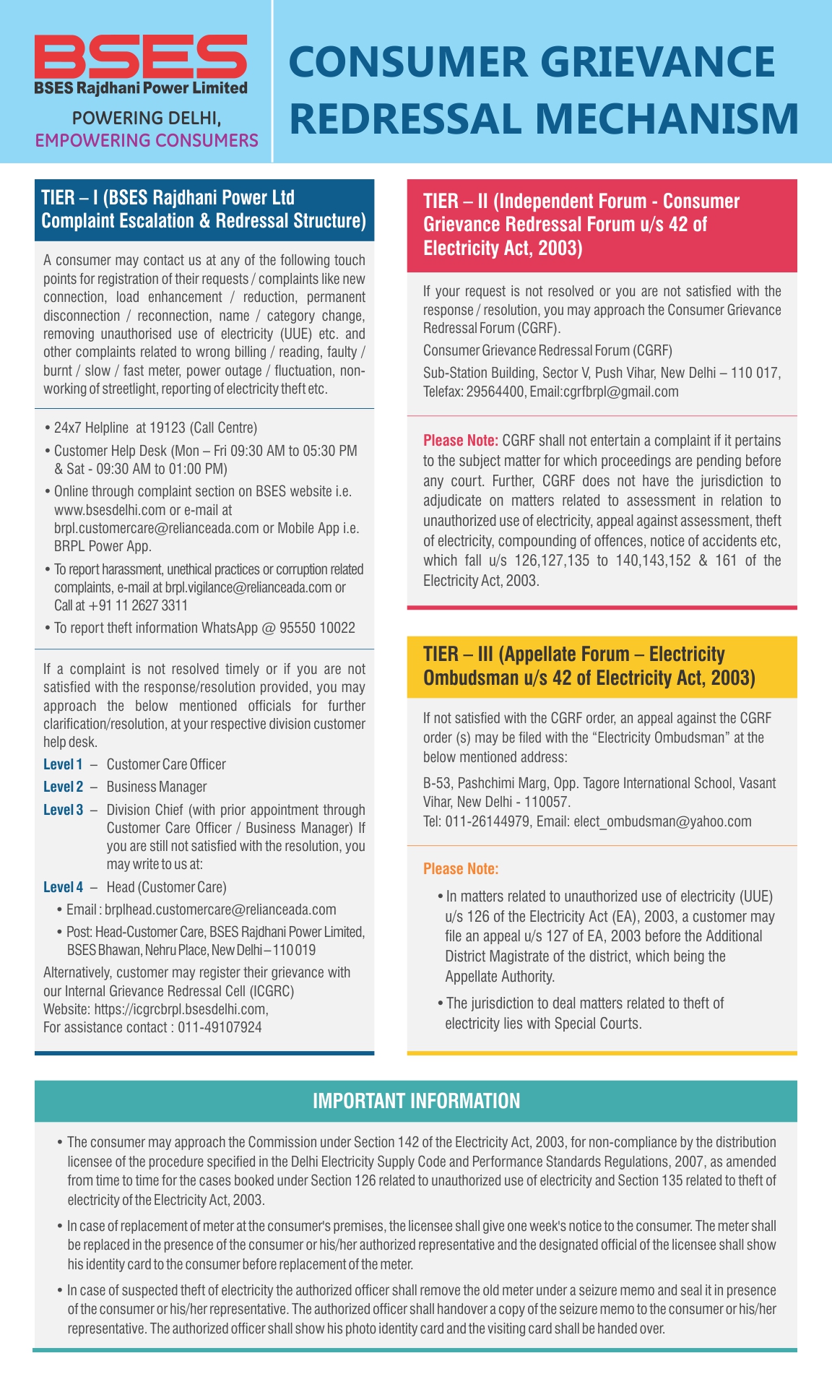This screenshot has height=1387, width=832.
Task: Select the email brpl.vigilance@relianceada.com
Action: pos(248,587)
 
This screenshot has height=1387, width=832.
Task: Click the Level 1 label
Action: pos(63,764)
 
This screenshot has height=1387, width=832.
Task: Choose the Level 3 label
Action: pos(63,810)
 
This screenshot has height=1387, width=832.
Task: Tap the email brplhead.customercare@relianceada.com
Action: pos(220,909)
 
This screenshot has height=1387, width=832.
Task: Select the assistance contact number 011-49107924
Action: pos(220,1027)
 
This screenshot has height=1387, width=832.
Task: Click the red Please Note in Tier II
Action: pos(460,441)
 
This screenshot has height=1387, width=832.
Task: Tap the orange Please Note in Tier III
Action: pos(460,869)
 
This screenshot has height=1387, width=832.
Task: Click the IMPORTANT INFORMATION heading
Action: pos(416,1101)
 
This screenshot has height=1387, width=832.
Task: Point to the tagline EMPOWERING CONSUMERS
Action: pos(147,140)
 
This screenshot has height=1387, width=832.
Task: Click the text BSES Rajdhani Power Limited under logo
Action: pos(141,88)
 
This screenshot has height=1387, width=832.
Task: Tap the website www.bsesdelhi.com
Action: pos(110,510)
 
